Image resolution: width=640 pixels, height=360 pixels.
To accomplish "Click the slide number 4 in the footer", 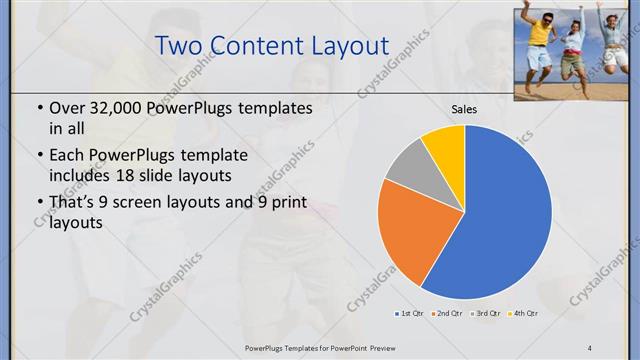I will [589, 346].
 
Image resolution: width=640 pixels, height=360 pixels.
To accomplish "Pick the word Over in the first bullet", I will [67, 107].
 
